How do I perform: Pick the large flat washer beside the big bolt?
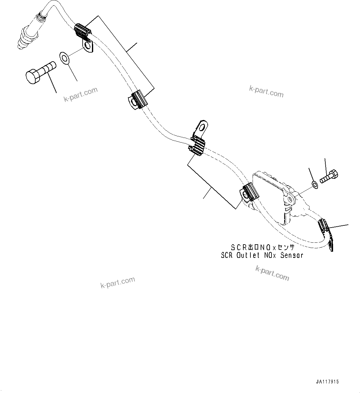pyautogui.click(x=64, y=58)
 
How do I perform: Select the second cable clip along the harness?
pyautogui.click(x=137, y=100)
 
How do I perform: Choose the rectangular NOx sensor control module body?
pyautogui.click(x=268, y=198)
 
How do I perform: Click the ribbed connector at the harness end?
pyautogui.click(x=324, y=226)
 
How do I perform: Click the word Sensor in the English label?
pyautogui.click(x=292, y=255)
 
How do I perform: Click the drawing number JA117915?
pyautogui.click(x=327, y=382)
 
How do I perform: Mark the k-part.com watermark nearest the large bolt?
pyautogui.click(x=81, y=95)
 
